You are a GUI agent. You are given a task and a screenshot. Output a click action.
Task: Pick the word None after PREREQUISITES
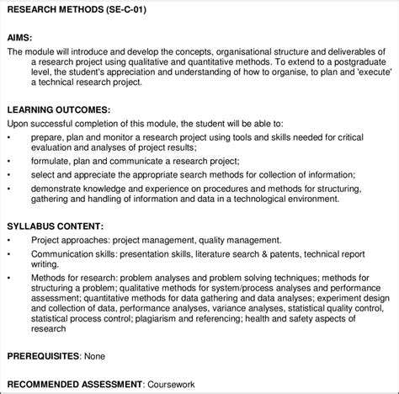click(x=94, y=357)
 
